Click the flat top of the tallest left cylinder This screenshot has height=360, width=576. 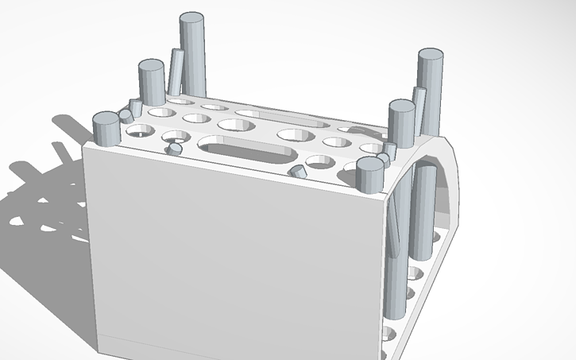click(191, 18)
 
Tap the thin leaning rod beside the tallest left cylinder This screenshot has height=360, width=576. click(175, 73)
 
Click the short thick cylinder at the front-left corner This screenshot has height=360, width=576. click(106, 131)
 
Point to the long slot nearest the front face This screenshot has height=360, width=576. click(248, 149)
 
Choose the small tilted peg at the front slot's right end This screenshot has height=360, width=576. click(297, 171)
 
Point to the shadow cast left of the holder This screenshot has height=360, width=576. click(48, 199)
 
